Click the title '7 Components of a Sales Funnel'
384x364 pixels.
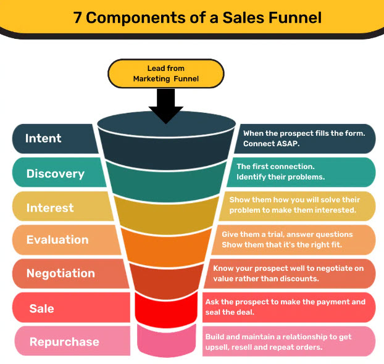[197, 17]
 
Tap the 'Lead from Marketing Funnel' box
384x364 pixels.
[165, 73]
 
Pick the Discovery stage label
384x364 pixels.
[55, 173]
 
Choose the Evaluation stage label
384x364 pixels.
[57, 240]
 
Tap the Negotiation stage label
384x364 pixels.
[61, 273]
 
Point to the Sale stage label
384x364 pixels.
[41, 308]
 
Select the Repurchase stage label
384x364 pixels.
[64, 342]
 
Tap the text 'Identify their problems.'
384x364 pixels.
[280, 178]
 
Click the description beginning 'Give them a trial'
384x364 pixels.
[287, 239]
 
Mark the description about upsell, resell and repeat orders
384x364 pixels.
[282, 341]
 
